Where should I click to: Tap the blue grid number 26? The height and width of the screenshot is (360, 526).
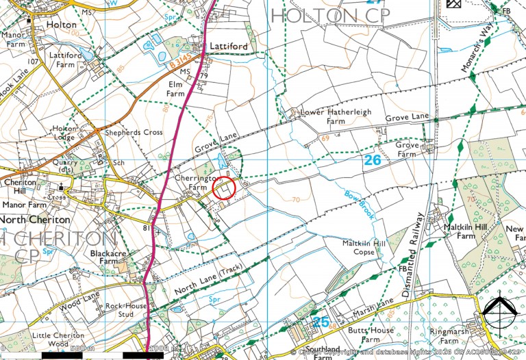pos(372,160)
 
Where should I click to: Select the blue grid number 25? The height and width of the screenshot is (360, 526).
pos(321,322)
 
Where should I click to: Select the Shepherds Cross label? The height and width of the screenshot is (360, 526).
pos(134,132)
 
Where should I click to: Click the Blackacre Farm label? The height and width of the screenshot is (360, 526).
pos(109,256)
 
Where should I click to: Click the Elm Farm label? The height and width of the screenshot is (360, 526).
pos(177,88)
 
